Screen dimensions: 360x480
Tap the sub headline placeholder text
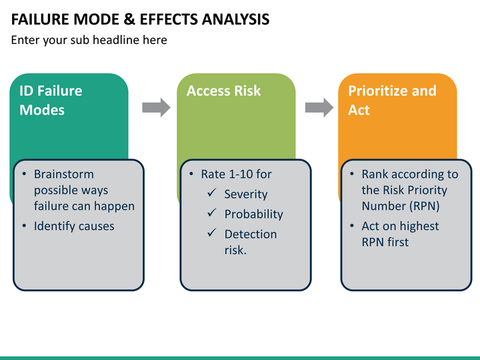89,40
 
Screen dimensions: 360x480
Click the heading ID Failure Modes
51,100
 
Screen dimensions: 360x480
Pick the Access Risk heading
224,91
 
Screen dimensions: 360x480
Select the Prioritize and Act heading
392,100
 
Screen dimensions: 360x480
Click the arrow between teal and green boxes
157,107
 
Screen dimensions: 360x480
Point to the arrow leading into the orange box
319,107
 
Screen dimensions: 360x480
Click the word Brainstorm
64,175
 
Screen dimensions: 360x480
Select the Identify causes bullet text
74,227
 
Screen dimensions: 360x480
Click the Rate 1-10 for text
236,175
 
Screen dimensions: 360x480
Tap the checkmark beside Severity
211,194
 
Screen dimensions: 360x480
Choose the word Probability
253,215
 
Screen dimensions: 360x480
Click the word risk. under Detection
235,251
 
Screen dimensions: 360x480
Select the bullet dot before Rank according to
352,175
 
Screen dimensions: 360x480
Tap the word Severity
245,195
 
